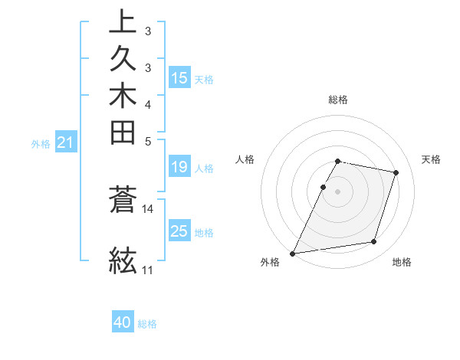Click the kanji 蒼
pyautogui.click(x=123, y=201)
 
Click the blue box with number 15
pyautogui.click(x=179, y=77)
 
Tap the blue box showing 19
pyautogui.click(x=179, y=168)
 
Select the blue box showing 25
pyautogui.click(x=179, y=231)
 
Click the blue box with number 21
pyautogui.click(x=66, y=142)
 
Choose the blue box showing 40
pyautogui.click(x=123, y=322)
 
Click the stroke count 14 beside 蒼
pyautogui.click(x=148, y=208)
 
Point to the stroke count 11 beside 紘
pyautogui.click(x=148, y=270)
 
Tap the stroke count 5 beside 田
pyautogui.click(x=148, y=140)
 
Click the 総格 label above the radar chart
pyautogui.click(x=338, y=100)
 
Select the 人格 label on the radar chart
pyautogui.click(x=245, y=159)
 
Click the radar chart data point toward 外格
pyautogui.click(x=293, y=253)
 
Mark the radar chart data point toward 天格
pyautogui.click(x=396, y=172)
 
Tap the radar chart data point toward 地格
pyautogui.click(x=374, y=242)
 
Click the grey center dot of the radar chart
pyautogui.click(x=338, y=191)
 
